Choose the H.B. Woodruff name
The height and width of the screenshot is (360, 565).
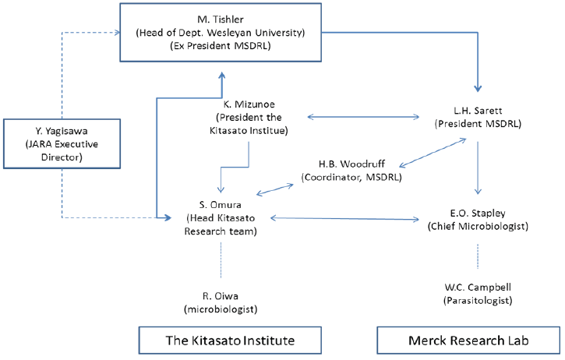(x=348, y=165)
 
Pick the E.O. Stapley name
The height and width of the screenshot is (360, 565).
(x=478, y=214)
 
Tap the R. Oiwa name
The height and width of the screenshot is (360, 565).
(x=221, y=296)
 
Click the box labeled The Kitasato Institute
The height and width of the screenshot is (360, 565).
(x=218, y=341)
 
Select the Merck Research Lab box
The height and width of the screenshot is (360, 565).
(x=469, y=341)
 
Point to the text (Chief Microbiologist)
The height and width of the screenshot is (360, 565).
(x=478, y=227)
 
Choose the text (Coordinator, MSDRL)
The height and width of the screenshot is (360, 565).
(x=348, y=178)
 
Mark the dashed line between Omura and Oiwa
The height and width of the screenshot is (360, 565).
(x=221, y=257)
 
